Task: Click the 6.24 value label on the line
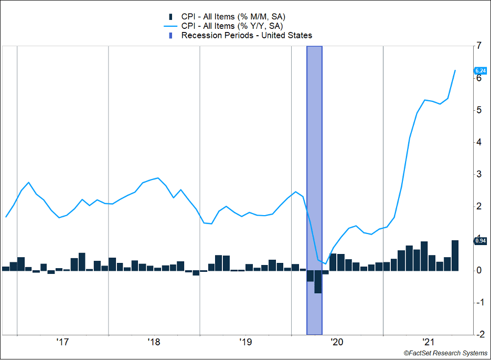tap(481, 70)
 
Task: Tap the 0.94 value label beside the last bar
tap(481, 241)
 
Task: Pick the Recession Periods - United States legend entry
tap(246, 36)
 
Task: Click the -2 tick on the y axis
tap(478, 334)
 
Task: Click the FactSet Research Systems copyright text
tap(445, 353)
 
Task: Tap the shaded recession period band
tap(314, 157)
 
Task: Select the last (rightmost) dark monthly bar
tap(455, 256)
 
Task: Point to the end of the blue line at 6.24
tap(455, 70)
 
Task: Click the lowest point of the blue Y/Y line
tap(325, 263)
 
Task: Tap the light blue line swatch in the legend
tap(170, 26)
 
